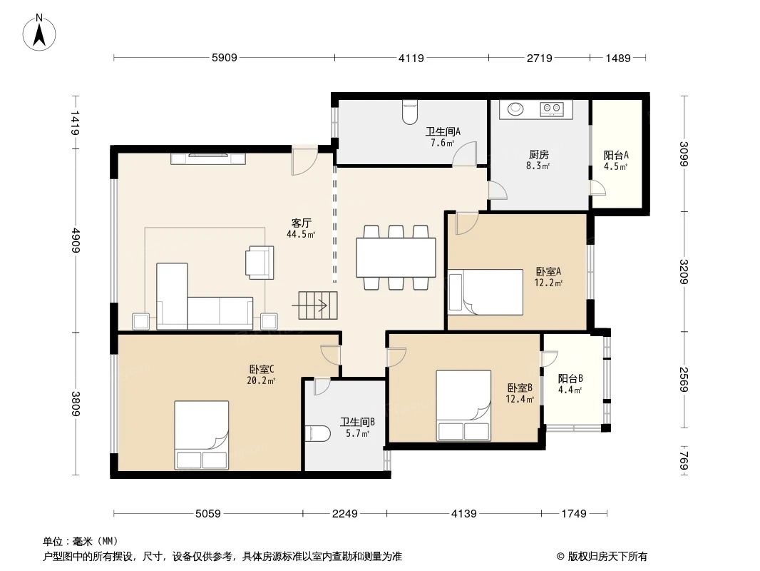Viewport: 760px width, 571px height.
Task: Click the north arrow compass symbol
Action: pyautogui.click(x=39, y=33)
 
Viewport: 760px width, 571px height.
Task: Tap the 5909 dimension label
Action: pyautogui.click(x=225, y=58)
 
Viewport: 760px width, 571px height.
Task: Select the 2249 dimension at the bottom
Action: pyautogui.click(x=344, y=513)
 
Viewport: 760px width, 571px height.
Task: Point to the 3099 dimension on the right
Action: pyautogui.click(x=684, y=153)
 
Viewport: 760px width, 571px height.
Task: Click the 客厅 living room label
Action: pyautogui.click(x=301, y=223)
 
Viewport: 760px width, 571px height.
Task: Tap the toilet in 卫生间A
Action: pyautogui.click(x=410, y=112)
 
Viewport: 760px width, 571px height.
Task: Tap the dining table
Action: pyautogui.click(x=396, y=257)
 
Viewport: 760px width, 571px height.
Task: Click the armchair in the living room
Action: pyautogui.click(x=260, y=263)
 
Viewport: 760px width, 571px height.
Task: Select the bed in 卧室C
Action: pyautogui.click(x=202, y=435)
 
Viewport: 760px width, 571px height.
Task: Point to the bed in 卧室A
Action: pyautogui.click(x=486, y=292)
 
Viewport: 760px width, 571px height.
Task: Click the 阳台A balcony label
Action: pyautogui.click(x=616, y=156)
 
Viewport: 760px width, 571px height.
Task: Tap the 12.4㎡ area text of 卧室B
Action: pyautogui.click(x=520, y=399)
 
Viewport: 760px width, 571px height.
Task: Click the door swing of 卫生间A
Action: pyautogui.click(x=464, y=153)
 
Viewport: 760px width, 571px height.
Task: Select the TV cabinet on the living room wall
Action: pyautogui.click(x=208, y=158)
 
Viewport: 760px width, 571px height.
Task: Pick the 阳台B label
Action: pyautogui.click(x=570, y=378)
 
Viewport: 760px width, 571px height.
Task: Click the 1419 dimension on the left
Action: pyautogui.click(x=75, y=123)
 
